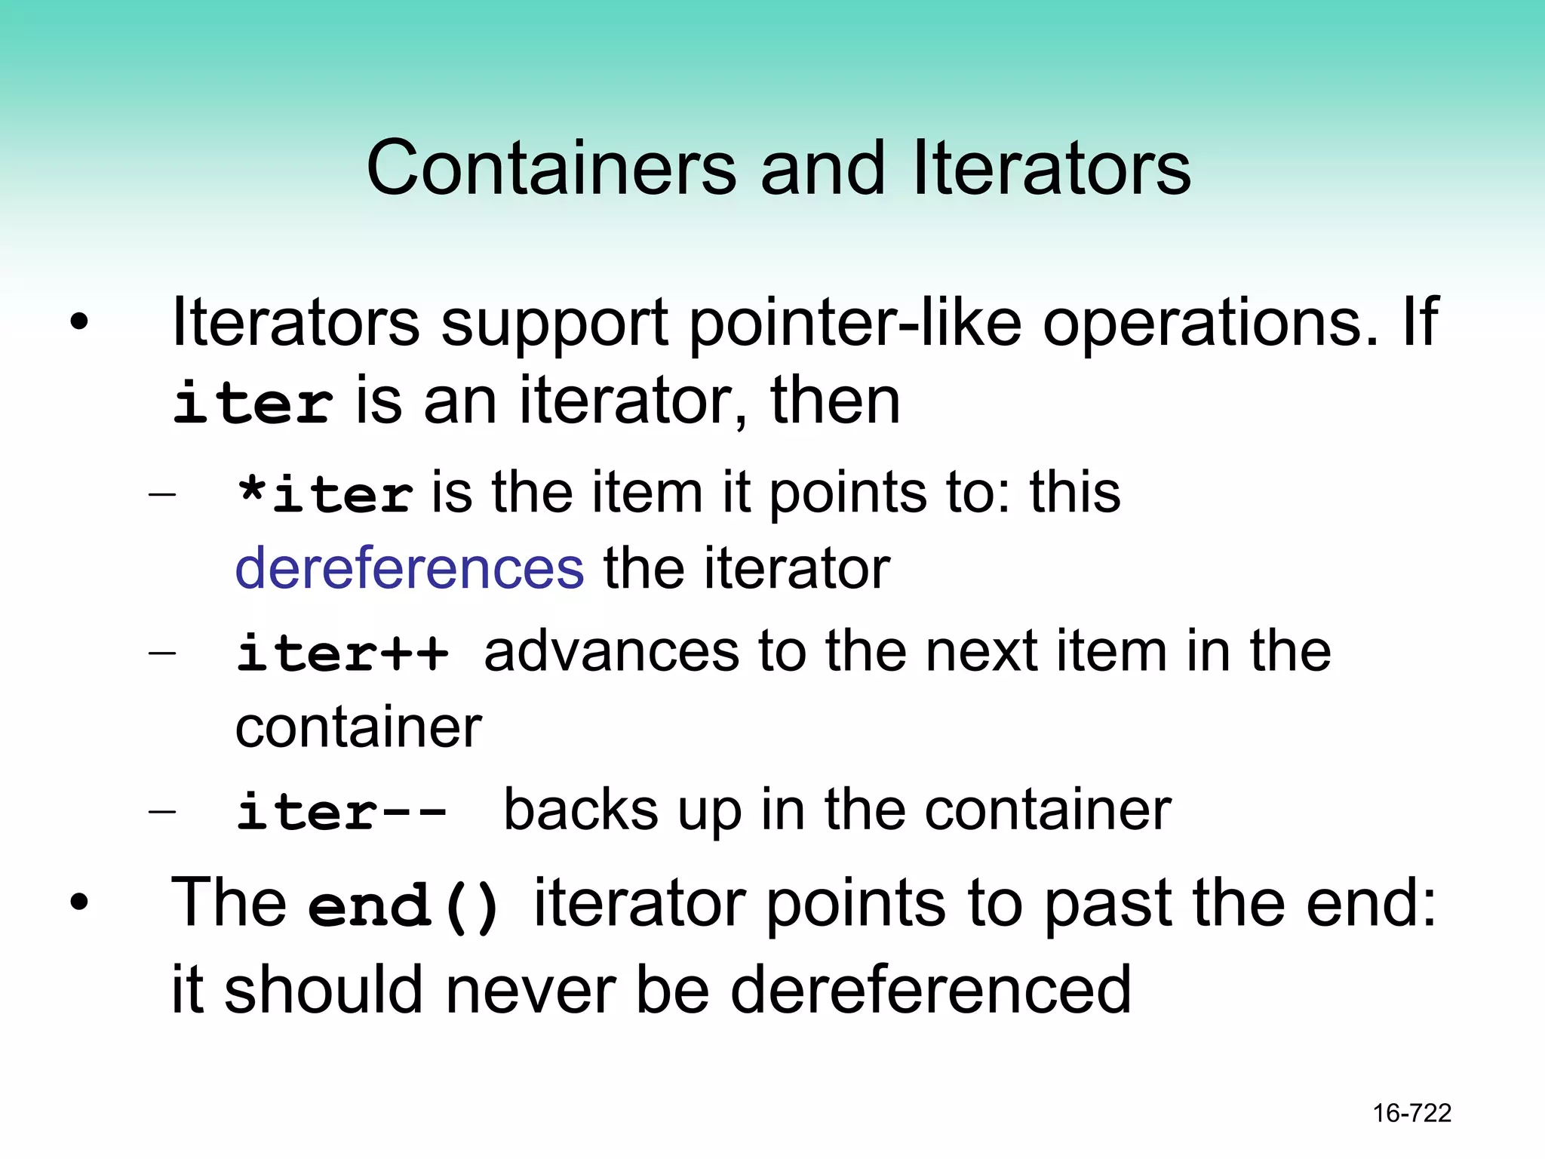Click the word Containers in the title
[x=551, y=168]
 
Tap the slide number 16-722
[x=1411, y=1113]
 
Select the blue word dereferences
[x=410, y=568]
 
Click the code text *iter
[x=324, y=494]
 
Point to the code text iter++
[x=342, y=652]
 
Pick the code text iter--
[x=342, y=811]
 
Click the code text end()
[x=404, y=905]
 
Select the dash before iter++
[x=162, y=652]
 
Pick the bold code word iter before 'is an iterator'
[x=253, y=402]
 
